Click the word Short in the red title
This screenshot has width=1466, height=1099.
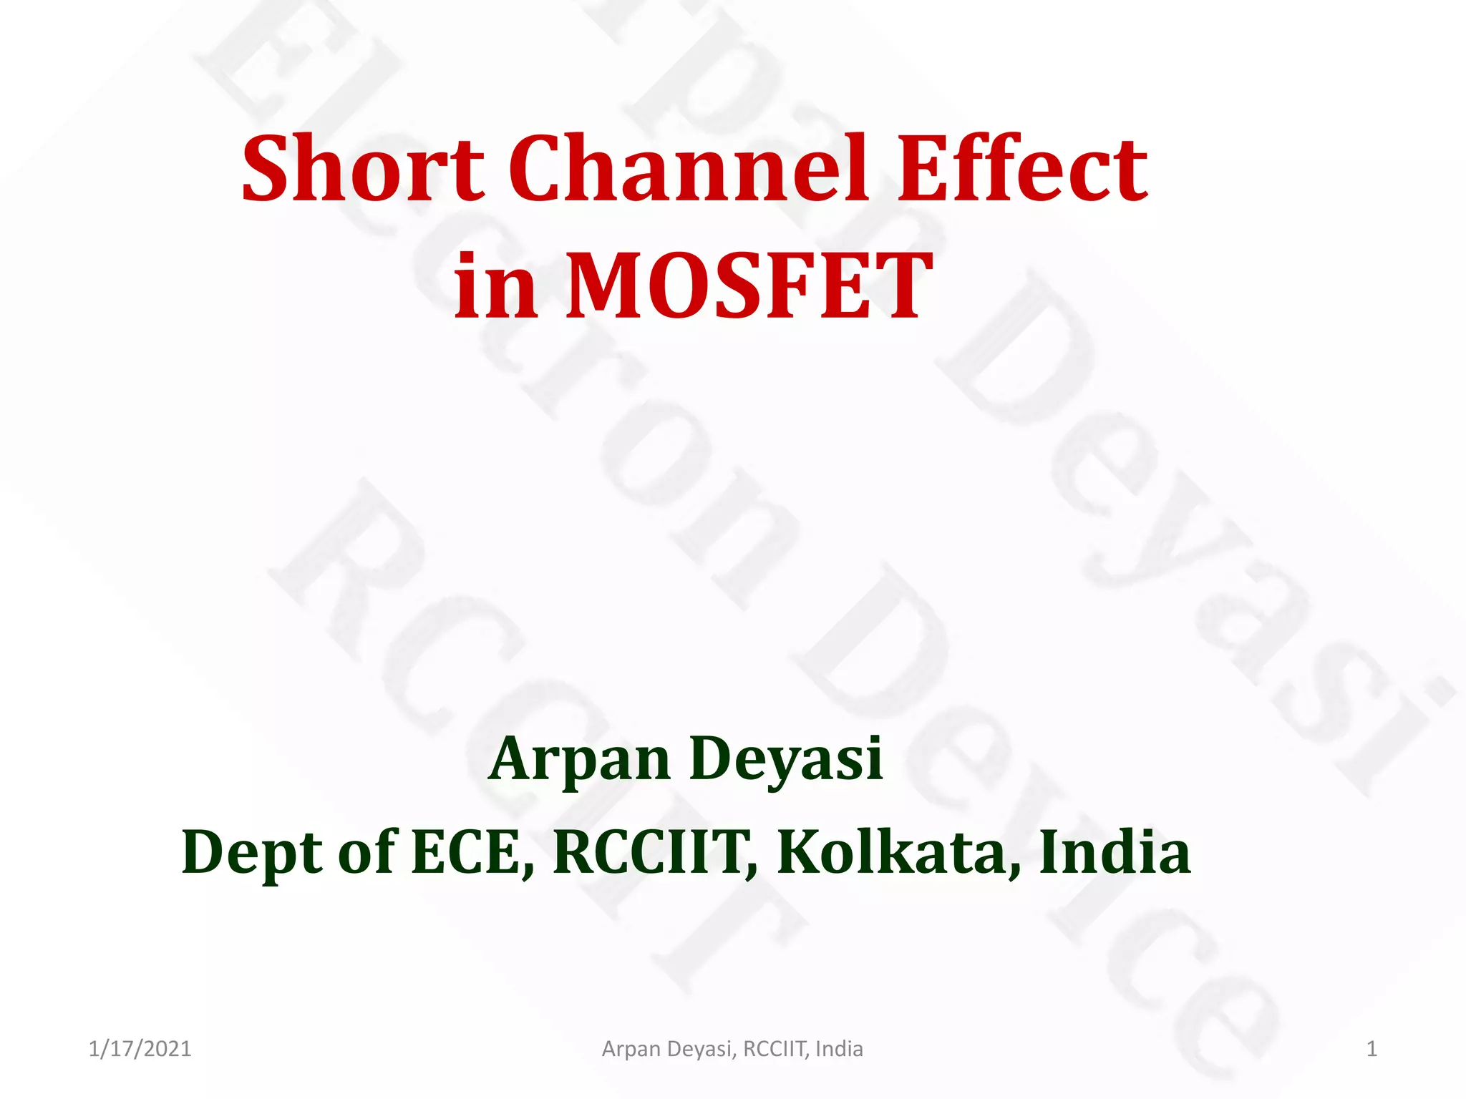pyautogui.click(x=363, y=169)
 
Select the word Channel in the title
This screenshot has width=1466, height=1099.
pyautogui.click(x=689, y=169)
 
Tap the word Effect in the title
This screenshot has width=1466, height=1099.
pyautogui.click(x=1022, y=169)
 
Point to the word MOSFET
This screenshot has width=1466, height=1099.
pyautogui.click(x=749, y=286)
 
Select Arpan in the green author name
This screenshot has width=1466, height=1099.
pyautogui.click(x=579, y=758)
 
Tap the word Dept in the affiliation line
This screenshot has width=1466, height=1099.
pyautogui.click(x=252, y=853)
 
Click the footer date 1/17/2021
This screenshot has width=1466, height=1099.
pyautogui.click(x=140, y=1049)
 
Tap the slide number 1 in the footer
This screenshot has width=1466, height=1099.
pyautogui.click(x=1372, y=1049)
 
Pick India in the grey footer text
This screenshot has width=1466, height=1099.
pyautogui.click(x=839, y=1049)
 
